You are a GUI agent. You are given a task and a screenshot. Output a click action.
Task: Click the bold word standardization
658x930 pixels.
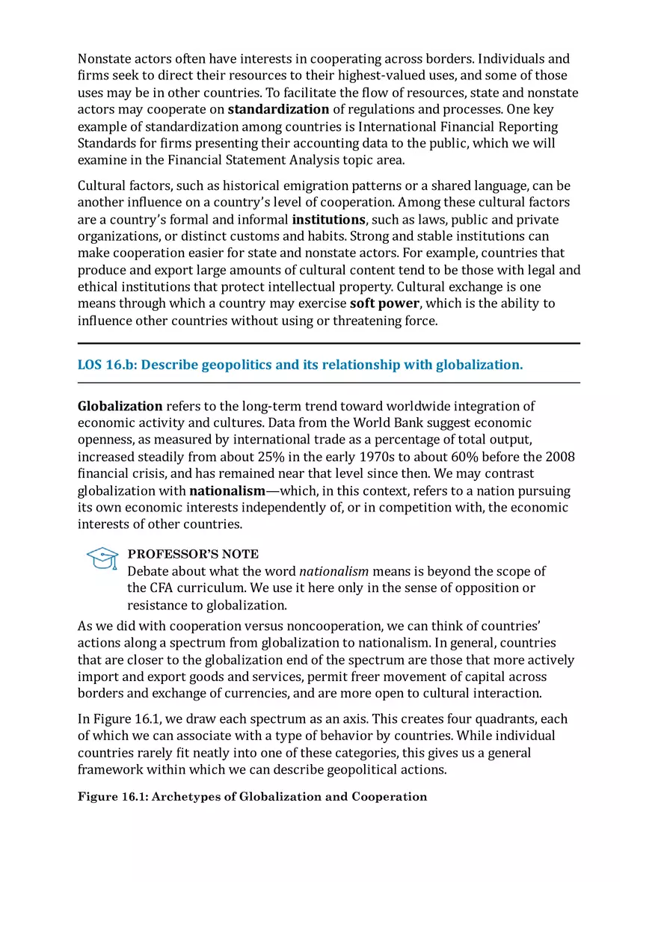[x=278, y=109]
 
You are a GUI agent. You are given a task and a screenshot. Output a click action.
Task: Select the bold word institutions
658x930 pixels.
[x=328, y=219]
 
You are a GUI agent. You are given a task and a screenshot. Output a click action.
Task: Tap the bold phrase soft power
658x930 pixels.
[x=384, y=304]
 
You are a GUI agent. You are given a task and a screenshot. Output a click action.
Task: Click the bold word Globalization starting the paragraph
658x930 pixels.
[x=120, y=406]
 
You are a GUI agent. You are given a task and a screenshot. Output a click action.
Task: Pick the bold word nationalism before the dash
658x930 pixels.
[x=227, y=490]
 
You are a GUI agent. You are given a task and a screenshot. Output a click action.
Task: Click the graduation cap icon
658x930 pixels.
[x=102, y=558]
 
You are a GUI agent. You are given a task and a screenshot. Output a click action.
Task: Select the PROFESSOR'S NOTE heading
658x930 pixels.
[x=193, y=554]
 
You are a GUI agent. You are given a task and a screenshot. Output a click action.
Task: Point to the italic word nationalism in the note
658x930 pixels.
[x=333, y=571]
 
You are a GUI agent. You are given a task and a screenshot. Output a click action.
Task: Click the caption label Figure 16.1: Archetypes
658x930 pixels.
[x=252, y=796]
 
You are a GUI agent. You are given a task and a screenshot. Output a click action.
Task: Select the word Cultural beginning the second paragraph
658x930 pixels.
[x=101, y=185]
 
